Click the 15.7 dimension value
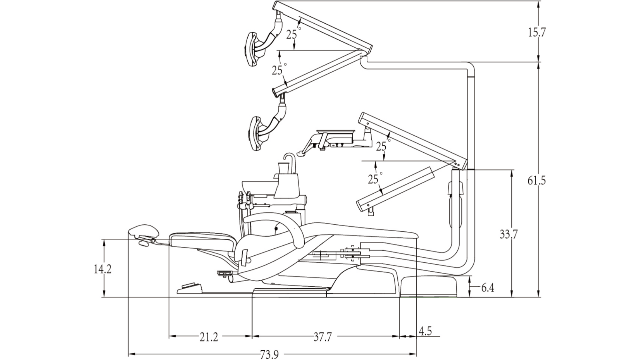tap(537, 32)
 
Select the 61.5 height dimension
tap(537, 181)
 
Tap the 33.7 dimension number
tap(509, 235)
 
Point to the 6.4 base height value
tap(488, 288)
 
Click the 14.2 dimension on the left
tap(102, 269)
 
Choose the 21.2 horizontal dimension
tap(209, 337)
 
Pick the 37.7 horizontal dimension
tap(323, 337)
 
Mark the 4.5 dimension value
tap(425, 331)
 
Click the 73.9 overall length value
tap(269, 355)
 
